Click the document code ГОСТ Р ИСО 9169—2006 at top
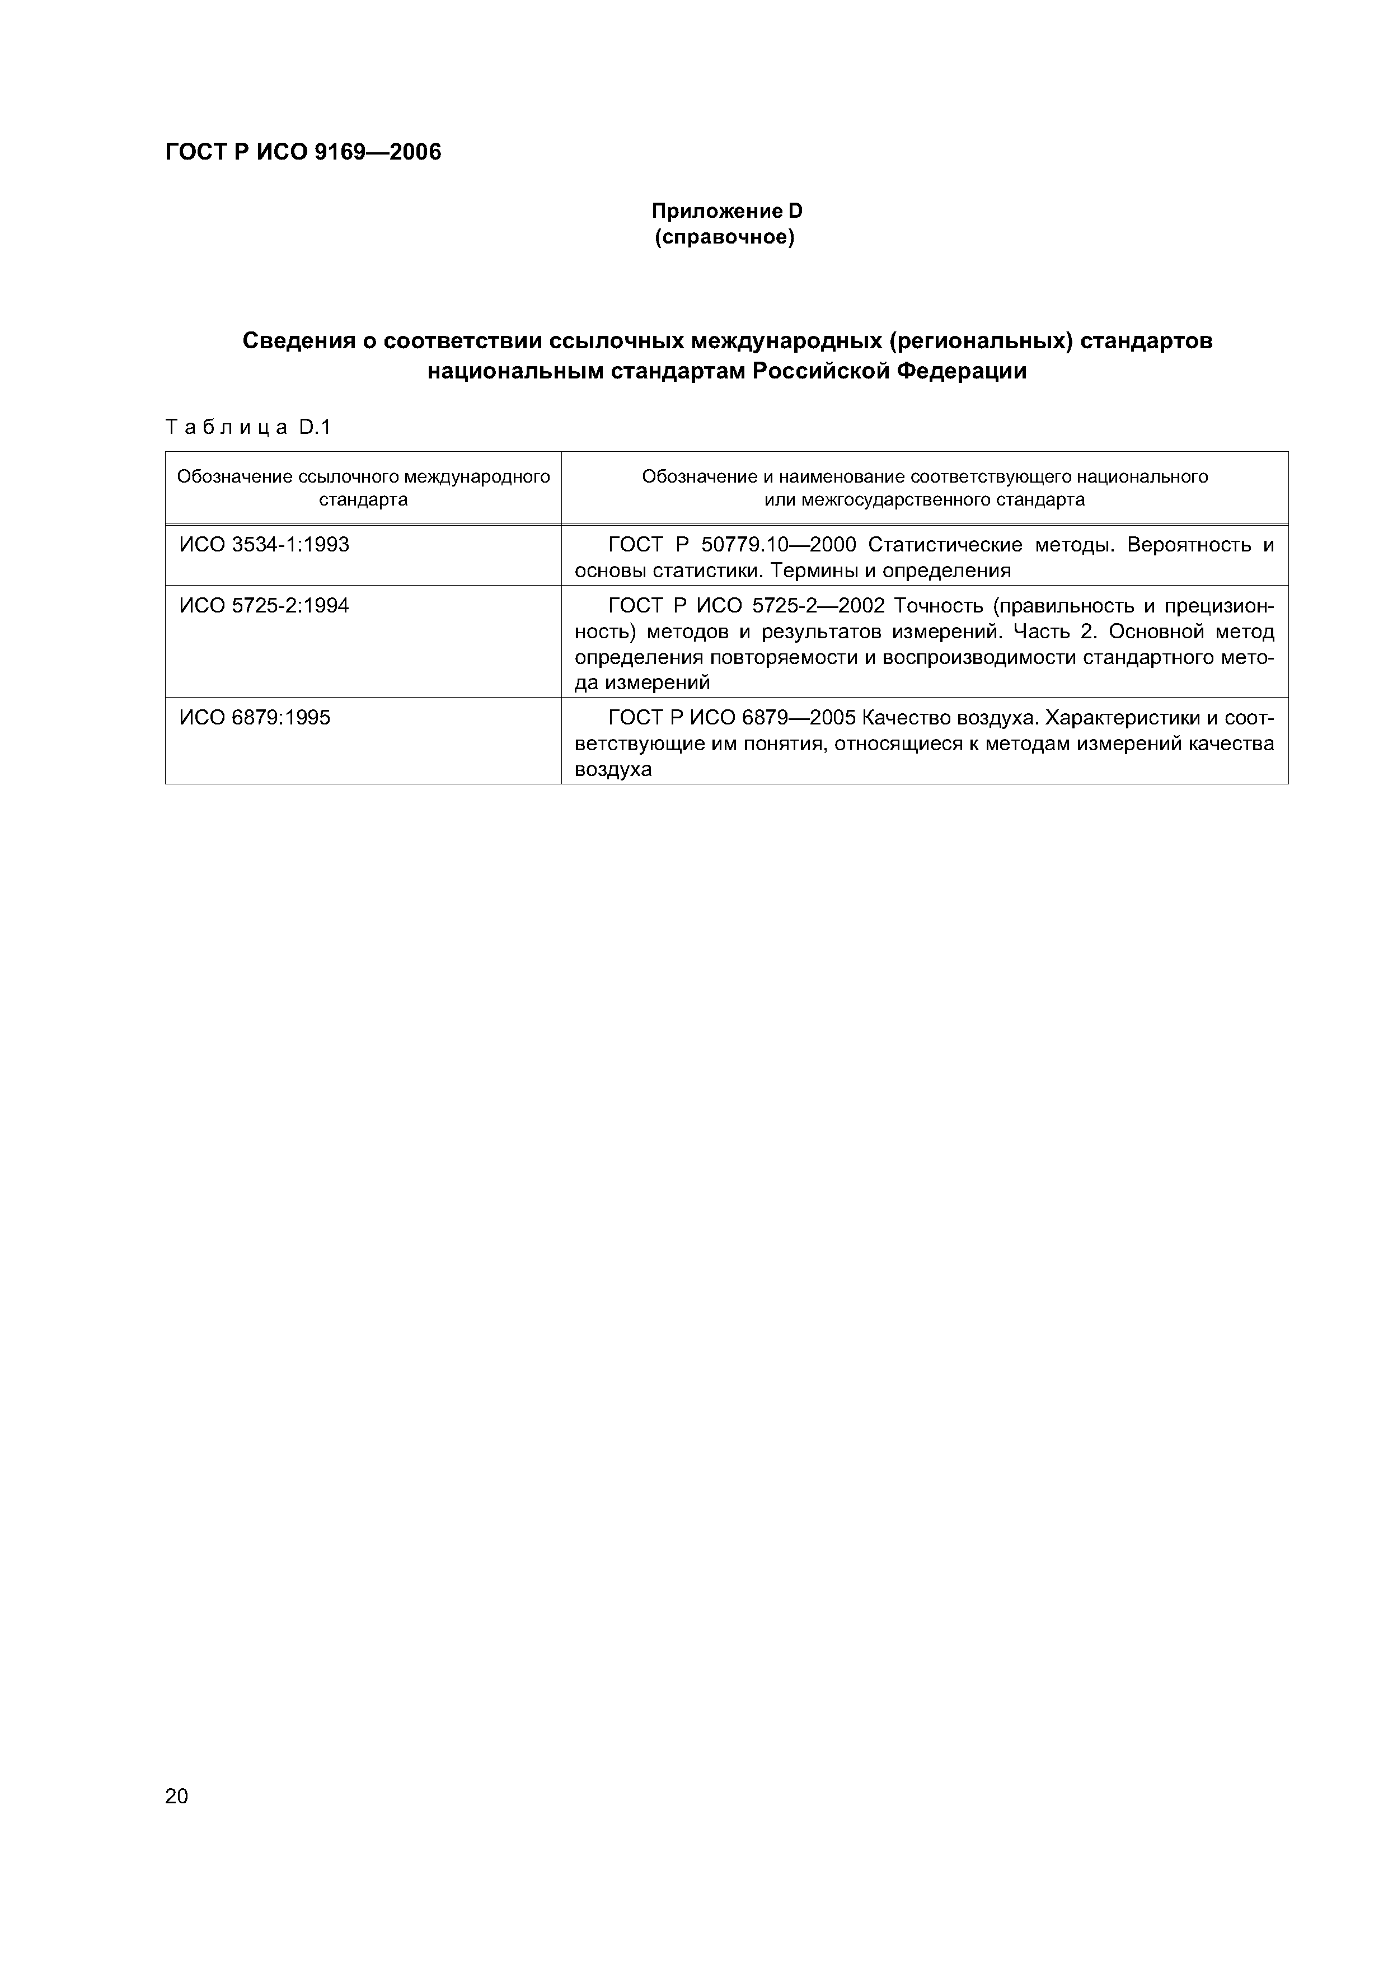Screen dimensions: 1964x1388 point(303,152)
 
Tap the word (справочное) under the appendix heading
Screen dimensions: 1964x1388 point(725,237)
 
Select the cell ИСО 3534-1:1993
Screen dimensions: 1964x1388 point(264,545)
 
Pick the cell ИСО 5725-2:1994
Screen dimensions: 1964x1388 point(264,606)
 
